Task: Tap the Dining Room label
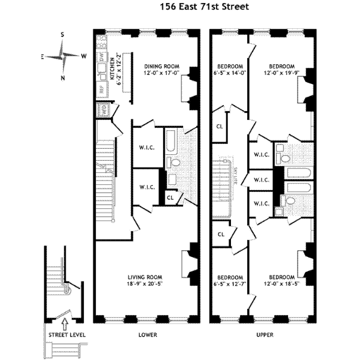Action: point(162,70)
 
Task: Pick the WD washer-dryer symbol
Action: point(103,110)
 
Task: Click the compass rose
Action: point(63,56)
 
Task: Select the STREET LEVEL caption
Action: point(67,334)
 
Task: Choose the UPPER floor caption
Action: point(265,334)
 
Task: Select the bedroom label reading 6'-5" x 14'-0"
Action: point(230,70)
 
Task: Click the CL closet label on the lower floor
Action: point(170,196)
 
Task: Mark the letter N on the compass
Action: point(63,78)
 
